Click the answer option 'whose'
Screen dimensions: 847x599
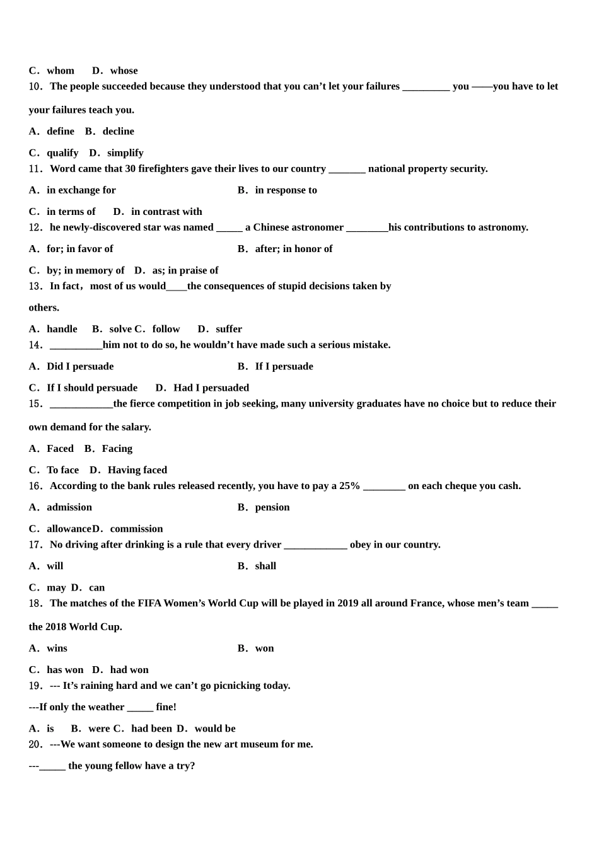coord(124,71)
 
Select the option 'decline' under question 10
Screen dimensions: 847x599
coord(118,131)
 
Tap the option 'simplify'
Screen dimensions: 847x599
coord(125,153)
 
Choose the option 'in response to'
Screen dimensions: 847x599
coord(286,190)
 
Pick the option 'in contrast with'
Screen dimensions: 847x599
coord(166,211)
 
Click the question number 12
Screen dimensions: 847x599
coord(35,228)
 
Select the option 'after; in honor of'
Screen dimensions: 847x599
coord(293,248)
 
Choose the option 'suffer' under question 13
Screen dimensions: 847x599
coord(228,329)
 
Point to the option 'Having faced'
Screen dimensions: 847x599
coord(137,470)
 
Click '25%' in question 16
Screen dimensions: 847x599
coord(350,485)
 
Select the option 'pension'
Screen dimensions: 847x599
coord(272,507)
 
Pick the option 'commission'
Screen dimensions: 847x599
coord(136,528)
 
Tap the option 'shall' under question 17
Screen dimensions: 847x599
coord(265,566)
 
